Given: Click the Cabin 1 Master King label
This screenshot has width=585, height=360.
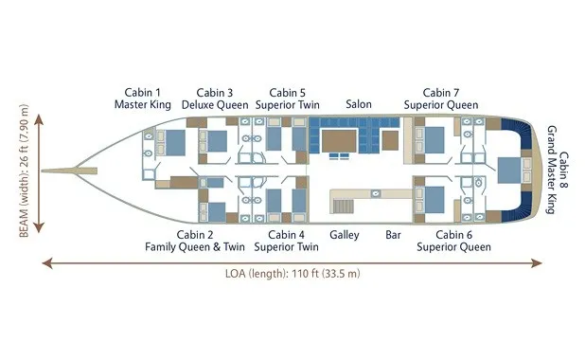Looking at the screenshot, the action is [143, 99].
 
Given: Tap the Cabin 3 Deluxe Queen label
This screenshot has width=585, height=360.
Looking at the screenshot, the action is [215, 99].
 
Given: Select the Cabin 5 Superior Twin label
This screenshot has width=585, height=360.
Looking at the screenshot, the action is [287, 99].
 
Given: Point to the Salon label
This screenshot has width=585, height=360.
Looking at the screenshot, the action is [359, 104].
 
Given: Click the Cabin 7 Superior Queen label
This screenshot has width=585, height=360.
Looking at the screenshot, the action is [441, 99].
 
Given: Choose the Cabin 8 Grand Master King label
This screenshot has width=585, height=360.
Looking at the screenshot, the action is [558, 170].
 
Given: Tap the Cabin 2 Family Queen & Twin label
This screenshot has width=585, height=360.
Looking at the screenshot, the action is [195, 241].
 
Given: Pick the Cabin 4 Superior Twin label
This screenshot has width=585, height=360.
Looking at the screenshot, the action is [286, 241].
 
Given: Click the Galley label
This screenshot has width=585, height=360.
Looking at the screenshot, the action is [345, 235].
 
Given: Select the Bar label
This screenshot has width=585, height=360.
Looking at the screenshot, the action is [393, 235].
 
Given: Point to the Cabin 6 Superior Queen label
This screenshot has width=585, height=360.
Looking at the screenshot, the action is [453, 241].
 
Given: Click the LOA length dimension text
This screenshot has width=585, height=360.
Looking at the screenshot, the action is [292, 274].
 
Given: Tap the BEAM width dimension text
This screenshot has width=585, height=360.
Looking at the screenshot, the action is [24, 171].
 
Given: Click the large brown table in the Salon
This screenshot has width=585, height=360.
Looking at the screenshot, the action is [339, 141].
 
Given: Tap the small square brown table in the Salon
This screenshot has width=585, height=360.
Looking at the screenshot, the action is [390, 141].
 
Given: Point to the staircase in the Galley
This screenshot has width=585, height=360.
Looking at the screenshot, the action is [343, 207].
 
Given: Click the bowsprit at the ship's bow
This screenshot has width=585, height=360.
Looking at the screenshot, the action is [69, 171].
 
